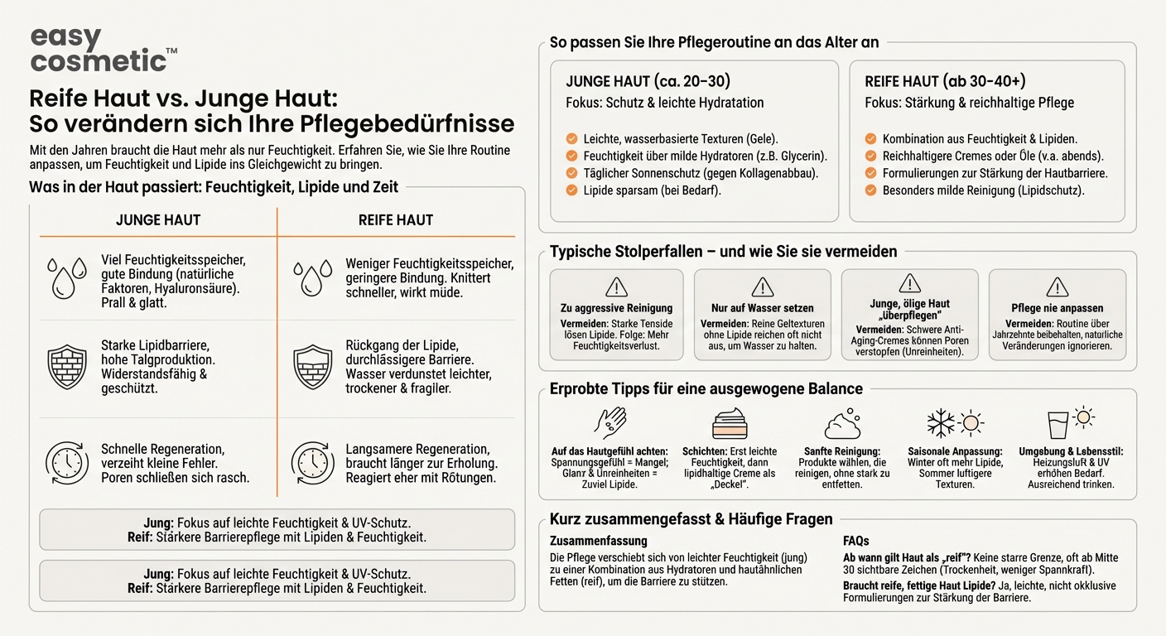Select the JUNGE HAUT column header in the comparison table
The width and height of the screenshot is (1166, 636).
[x=158, y=220]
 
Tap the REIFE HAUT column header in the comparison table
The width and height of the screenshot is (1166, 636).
[x=396, y=220]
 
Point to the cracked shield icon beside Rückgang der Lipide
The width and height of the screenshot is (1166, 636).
[x=312, y=366]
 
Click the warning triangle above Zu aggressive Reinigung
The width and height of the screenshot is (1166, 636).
[x=616, y=287]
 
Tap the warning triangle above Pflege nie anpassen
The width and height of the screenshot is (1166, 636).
[x=1057, y=287]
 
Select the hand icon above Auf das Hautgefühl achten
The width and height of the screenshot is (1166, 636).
[x=611, y=422]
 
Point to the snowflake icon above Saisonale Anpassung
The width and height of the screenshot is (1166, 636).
[x=941, y=422]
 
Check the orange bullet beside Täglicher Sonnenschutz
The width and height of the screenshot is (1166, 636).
[x=571, y=173]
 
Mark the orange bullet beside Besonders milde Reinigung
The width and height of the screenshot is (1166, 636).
[x=870, y=190]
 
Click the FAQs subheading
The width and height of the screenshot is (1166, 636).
[x=856, y=541]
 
